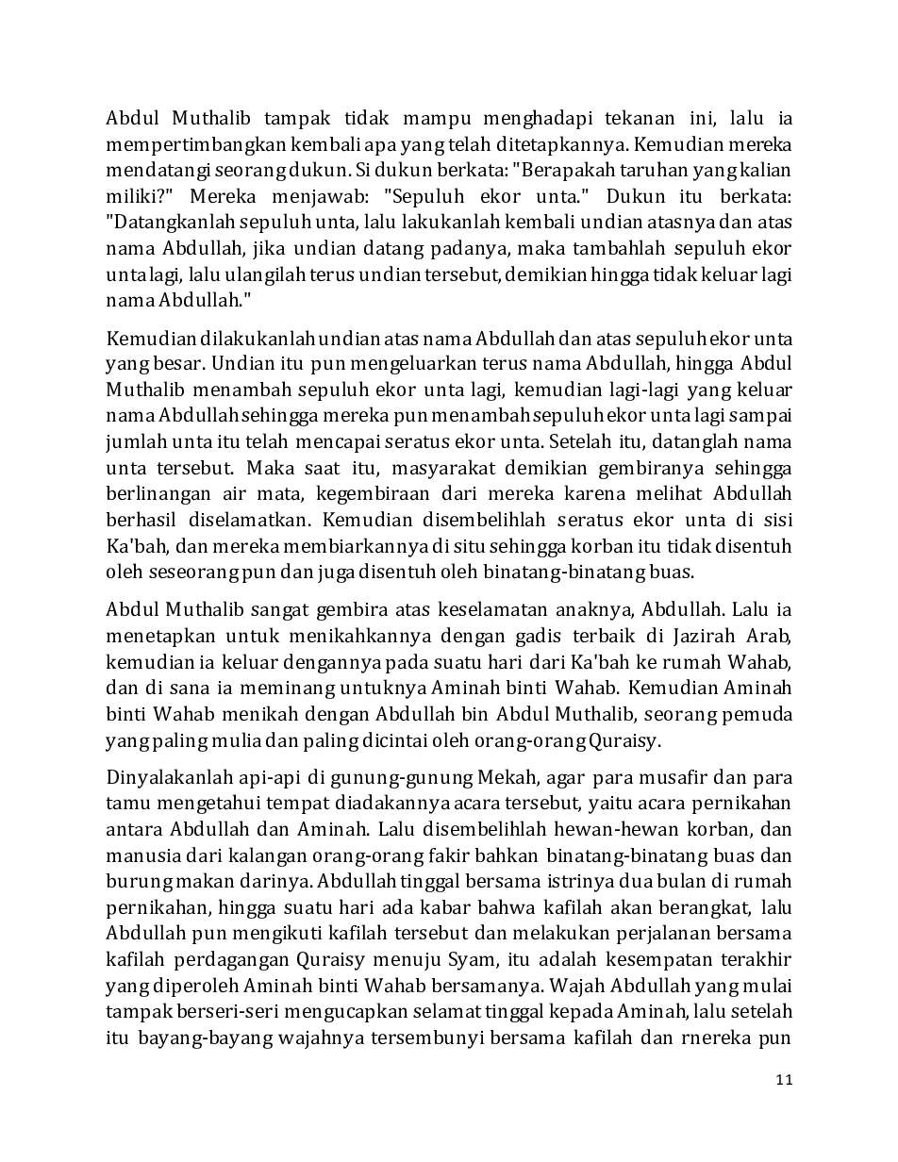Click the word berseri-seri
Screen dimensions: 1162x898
218,1013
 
